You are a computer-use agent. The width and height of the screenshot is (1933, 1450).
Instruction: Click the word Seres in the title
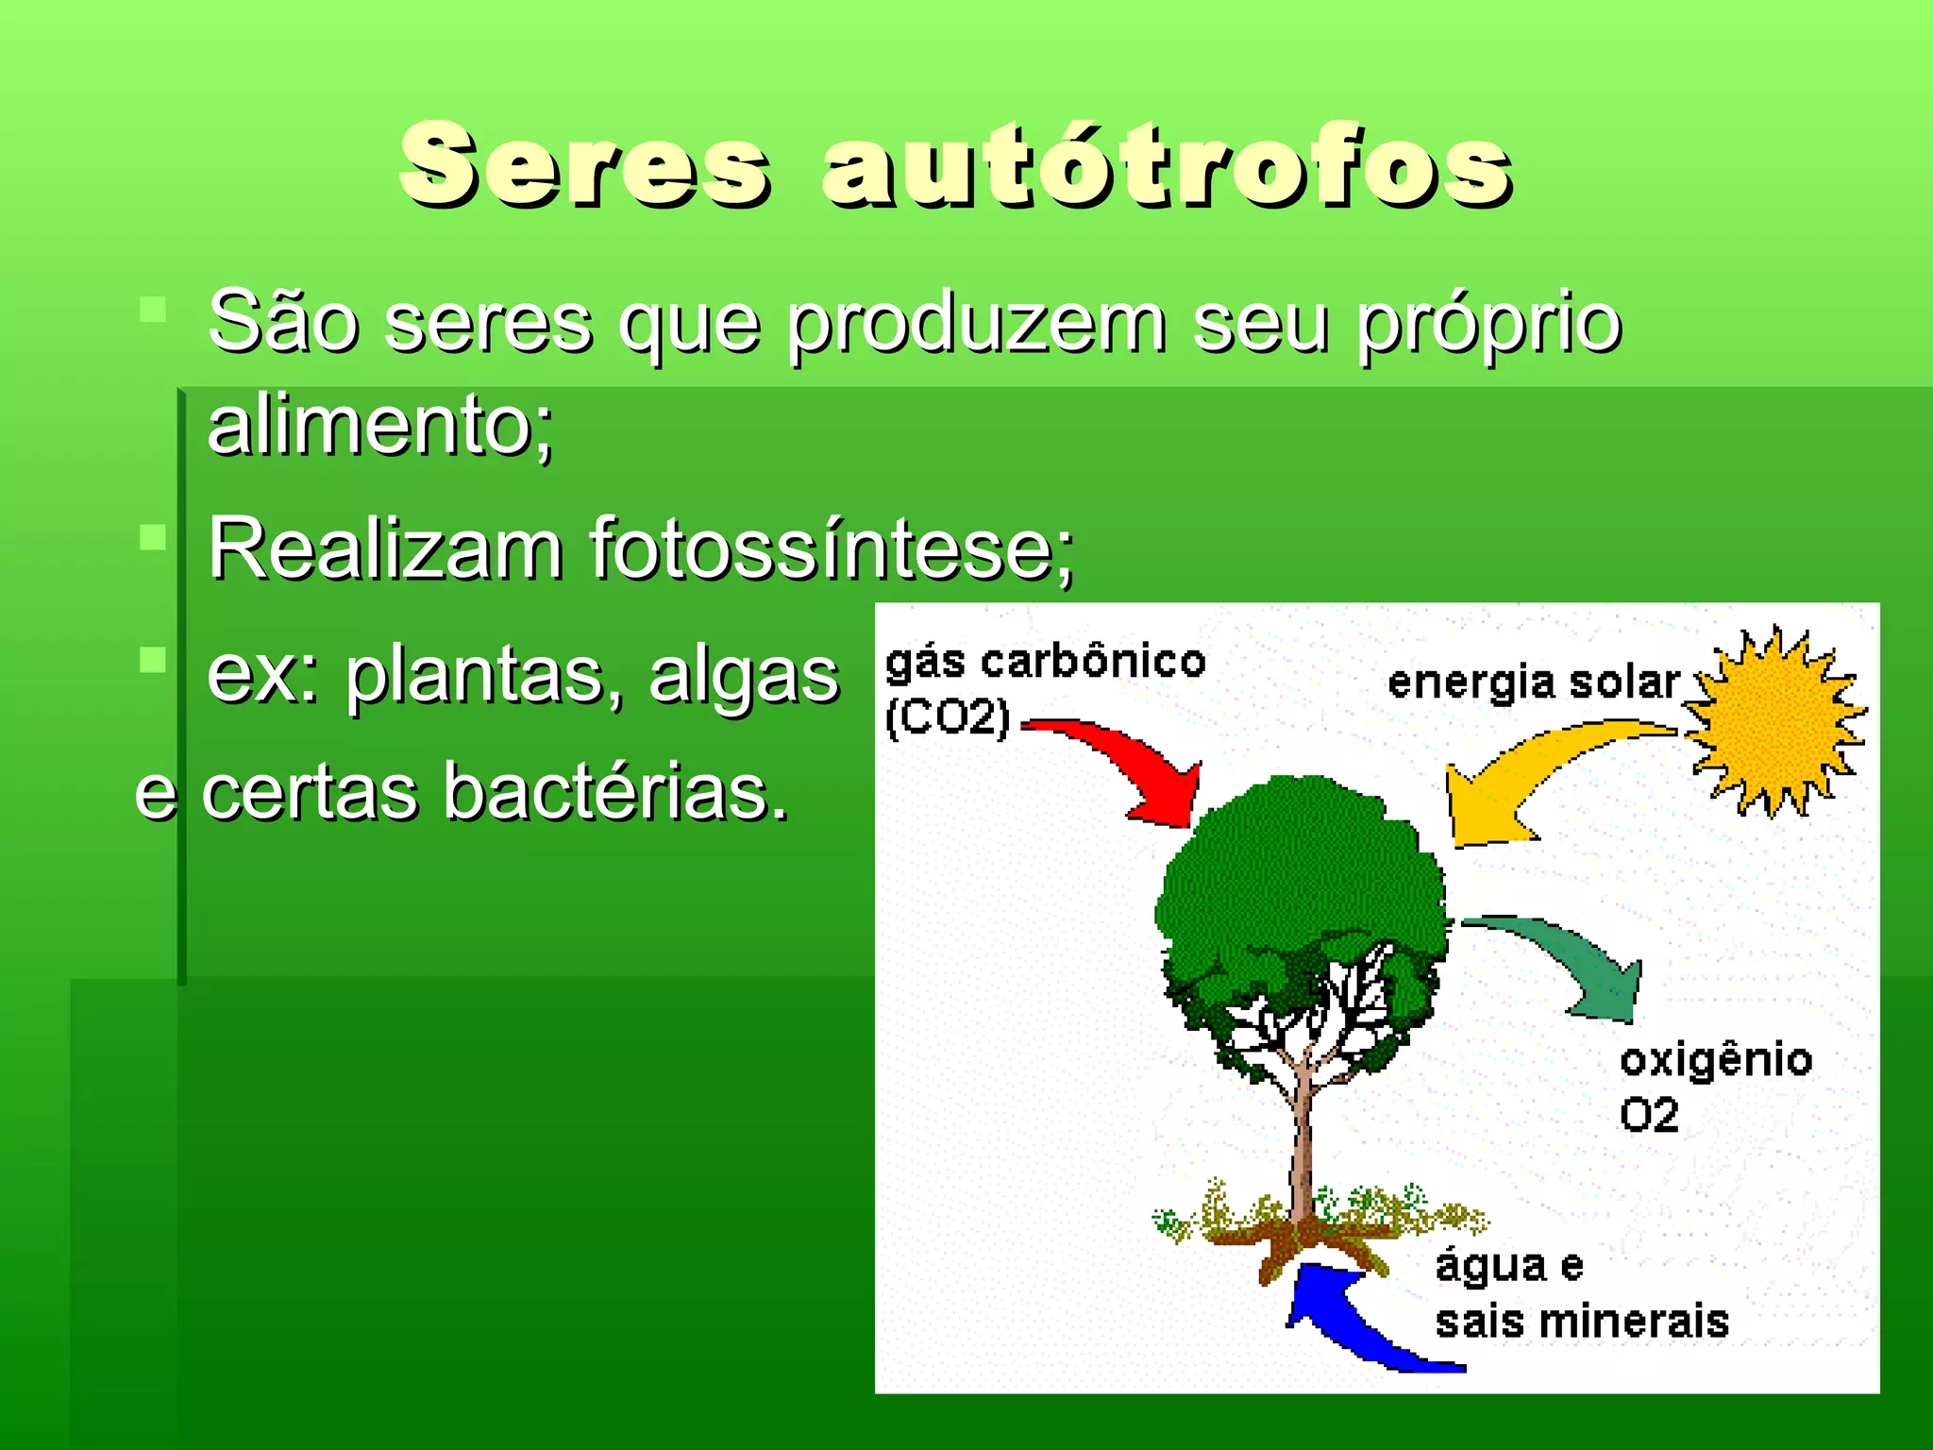click(x=585, y=166)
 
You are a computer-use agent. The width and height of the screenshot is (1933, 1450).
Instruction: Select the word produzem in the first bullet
click(x=977, y=324)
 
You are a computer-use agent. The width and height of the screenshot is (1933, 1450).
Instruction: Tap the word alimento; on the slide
click(x=379, y=427)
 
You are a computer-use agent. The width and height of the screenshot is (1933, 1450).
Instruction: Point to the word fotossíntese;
click(x=831, y=549)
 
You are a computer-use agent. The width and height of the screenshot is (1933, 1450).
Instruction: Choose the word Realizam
click(x=385, y=549)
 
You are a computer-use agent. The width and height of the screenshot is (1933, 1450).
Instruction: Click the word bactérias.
click(x=615, y=793)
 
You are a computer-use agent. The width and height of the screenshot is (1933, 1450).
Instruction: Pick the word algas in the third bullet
click(x=744, y=676)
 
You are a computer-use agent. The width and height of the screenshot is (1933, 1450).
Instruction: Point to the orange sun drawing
click(x=1774, y=722)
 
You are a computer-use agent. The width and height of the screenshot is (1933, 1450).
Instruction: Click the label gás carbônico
click(x=1046, y=663)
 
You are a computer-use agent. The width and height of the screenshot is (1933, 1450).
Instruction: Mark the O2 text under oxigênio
click(x=1649, y=1116)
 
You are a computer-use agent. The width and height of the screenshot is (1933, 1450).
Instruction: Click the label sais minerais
click(x=1582, y=1322)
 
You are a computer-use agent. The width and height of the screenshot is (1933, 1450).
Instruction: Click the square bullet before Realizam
click(x=153, y=538)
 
